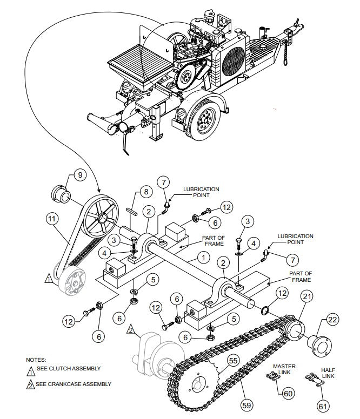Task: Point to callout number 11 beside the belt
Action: click(x=52, y=219)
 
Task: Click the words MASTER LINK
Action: click(x=284, y=369)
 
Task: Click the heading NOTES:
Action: click(x=36, y=359)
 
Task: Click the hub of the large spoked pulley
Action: click(x=101, y=217)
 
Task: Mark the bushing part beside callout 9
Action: click(x=60, y=193)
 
